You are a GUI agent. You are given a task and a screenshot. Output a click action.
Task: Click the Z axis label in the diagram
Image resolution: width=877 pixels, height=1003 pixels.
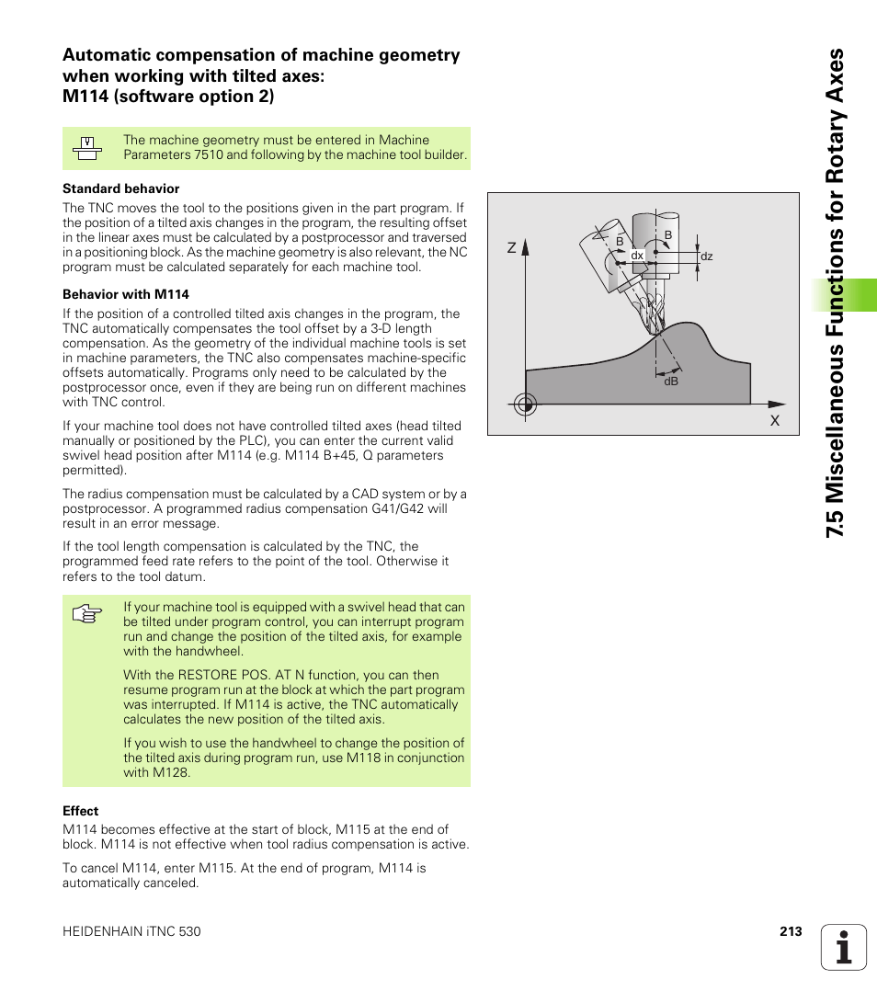pyautogui.click(x=511, y=248)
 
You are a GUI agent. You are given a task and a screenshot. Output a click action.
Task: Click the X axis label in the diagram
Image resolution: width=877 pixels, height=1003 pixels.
pyautogui.click(x=774, y=420)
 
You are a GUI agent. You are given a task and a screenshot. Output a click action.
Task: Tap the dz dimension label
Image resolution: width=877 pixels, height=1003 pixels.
pyautogui.click(x=707, y=257)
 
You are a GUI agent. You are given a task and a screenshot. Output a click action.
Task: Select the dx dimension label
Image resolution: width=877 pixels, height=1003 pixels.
pyautogui.click(x=636, y=256)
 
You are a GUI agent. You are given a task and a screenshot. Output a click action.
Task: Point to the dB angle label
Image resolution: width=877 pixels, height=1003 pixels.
pyautogui.click(x=670, y=381)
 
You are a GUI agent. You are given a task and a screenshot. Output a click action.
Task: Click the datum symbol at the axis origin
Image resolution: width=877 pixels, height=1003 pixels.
pyautogui.click(x=525, y=404)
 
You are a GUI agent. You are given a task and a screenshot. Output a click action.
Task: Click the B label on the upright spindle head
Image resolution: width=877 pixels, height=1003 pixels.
pyautogui.click(x=668, y=235)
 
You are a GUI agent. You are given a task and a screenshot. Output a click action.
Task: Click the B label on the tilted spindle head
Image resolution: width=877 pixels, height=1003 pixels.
pyautogui.click(x=620, y=241)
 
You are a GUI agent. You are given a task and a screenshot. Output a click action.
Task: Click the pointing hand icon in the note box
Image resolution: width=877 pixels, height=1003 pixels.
pyautogui.click(x=86, y=615)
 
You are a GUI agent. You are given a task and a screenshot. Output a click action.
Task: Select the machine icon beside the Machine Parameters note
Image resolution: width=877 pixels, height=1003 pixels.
pyautogui.click(x=87, y=148)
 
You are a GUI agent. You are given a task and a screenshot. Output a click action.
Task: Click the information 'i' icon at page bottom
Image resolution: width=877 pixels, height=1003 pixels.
pyautogui.click(x=844, y=947)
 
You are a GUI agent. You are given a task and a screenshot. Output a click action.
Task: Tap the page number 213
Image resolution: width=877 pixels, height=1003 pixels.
pyautogui.click(x=791, y=931)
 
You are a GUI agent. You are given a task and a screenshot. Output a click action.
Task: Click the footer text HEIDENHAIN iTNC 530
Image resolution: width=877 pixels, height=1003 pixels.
pyautogui.click(x=131, y=931)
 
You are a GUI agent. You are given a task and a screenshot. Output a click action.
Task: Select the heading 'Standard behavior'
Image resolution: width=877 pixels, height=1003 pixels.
pyautogui.click(x=120, y=188)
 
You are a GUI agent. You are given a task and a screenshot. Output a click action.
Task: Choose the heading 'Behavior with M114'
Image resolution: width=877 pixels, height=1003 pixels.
pyautogui.click(x=126, y=294)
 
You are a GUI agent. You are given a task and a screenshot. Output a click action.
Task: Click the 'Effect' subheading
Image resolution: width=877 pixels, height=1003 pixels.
pyautogui.click(x=80, y=811)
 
